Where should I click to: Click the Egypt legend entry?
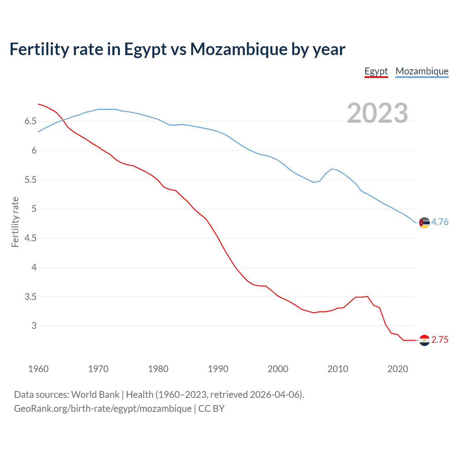(x=376, y=71)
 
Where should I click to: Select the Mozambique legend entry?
(x=422, y=71)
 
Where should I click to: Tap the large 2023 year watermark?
(x=377, y=113)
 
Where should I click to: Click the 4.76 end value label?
(x=440, y=222)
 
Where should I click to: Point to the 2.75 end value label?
(x=440, y=340)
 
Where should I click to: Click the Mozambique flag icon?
(x=424, y=223)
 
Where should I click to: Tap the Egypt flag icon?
(x=424, y=340)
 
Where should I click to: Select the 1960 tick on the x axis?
(x=38, y=369)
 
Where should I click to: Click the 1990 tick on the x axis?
(x=218, y=369)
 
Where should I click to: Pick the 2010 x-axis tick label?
(x=338, y=369)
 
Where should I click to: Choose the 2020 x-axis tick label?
(x=398, y=369)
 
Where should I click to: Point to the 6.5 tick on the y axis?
(x=30, y=121)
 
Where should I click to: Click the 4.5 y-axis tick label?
(x=30, y=238)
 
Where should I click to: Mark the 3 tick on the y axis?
(x=34, y=326)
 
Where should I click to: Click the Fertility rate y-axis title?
(x=15, y=222)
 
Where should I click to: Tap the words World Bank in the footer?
(x=95, y=395)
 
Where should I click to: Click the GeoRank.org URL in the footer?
(x=103, y=409)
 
